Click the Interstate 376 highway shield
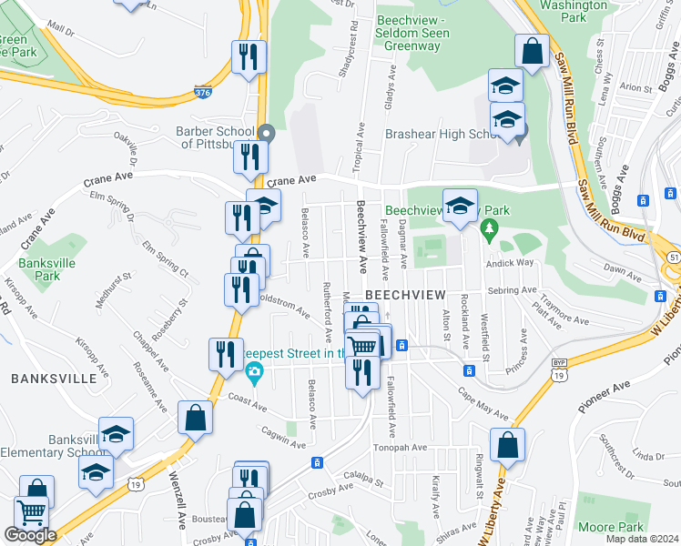click(x=203, y=91)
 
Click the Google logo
click(x=29, y=536)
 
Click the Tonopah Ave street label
click(x=399, y=448)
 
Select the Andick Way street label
click(x=512, y=262)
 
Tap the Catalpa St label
click(x=361, y=475)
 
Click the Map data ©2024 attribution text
click(x=643, y=539)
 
